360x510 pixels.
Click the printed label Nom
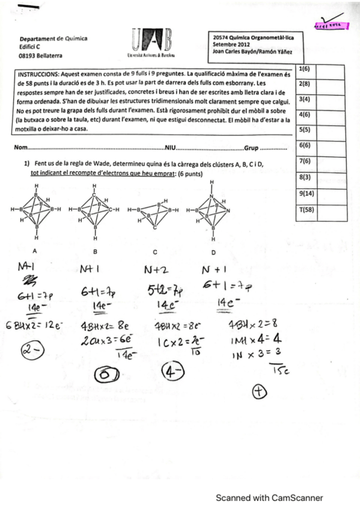[20, 148]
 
